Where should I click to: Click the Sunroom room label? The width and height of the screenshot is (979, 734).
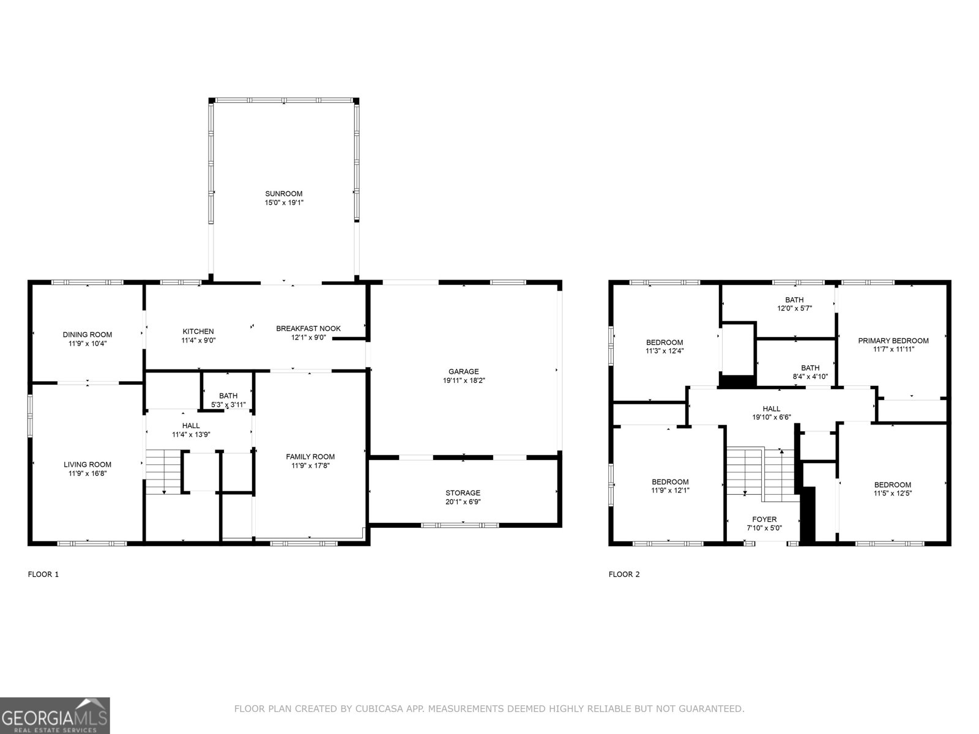tap(284, 194)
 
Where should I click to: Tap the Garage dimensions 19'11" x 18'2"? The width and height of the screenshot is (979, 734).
tap(464, 380)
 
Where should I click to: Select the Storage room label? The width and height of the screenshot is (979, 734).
tap(463, 492)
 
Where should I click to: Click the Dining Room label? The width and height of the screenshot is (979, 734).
tap(87, 335)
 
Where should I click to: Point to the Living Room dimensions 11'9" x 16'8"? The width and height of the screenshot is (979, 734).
tap(87, 473)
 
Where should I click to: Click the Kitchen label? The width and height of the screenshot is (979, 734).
tap(198, 332)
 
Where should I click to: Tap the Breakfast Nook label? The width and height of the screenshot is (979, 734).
tap(308, 328)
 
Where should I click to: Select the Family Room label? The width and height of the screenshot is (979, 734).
tap(310, 456)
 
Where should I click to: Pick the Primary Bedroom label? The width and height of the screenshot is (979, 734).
tap(893, 341)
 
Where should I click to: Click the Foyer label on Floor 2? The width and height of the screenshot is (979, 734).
tap(764, 519)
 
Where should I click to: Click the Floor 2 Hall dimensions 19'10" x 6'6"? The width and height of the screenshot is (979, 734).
tap(772, 417)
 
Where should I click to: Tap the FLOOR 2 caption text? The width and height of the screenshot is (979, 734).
tap(624, 574)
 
